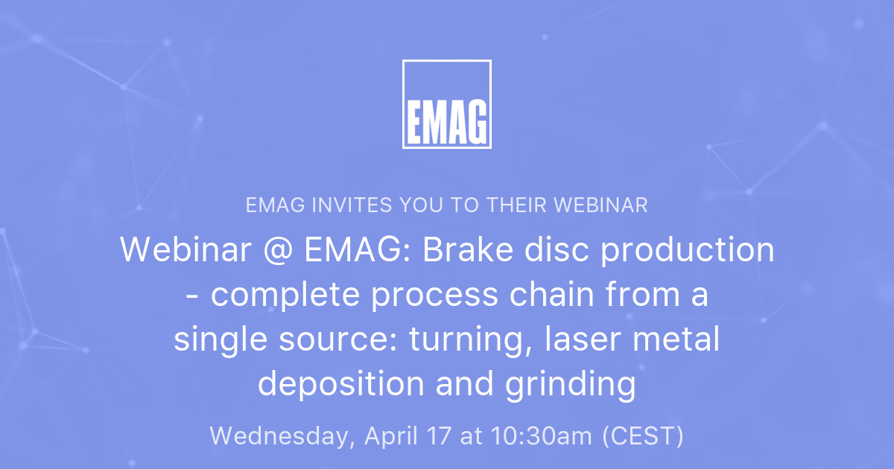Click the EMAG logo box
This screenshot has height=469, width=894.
[446, 104]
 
